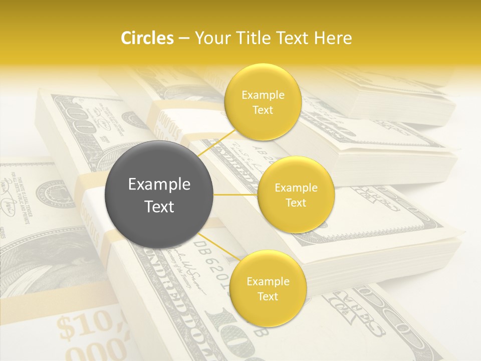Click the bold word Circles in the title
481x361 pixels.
pyautogui.click(x=147, y=38)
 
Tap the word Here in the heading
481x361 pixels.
pyautogui.click(x=333, y=38)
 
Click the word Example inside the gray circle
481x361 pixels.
pyautogui.click(x=159, y=185)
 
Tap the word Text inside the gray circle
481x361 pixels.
pyautogui.click(x=159, y=207)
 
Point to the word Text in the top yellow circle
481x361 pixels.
pyautogui.click(x=263, y=110)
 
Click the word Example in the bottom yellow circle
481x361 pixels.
pyautogui.click(x=268, y=281)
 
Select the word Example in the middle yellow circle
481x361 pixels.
pyautogui.click(x=296, y=188)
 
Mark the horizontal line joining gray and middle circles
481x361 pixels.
pyautogui.click(x=235, y=195)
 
